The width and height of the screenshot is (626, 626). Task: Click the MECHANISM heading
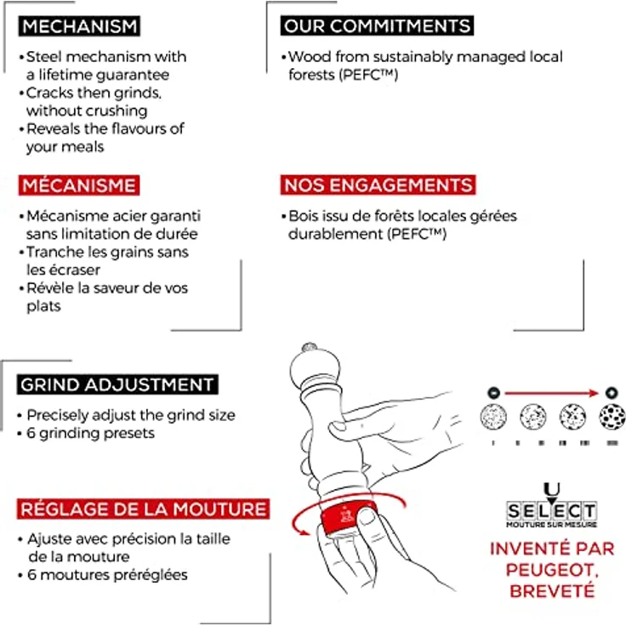coord(79,26)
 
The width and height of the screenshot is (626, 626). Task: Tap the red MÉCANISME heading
coord(79,185)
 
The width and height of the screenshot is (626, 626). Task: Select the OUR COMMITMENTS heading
coord(377,26)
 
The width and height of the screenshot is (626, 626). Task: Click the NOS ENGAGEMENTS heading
coord(378,185)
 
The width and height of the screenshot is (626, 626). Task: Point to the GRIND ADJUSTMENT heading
coord(117,384)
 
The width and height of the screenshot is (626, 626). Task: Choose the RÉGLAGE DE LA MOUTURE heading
coord(144,509)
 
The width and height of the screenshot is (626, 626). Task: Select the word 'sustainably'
coord(413,58)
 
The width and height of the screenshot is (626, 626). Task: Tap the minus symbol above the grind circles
coord(494,393)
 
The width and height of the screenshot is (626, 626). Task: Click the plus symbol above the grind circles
coord(612,393)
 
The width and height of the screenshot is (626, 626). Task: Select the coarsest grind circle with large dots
coord(612,417)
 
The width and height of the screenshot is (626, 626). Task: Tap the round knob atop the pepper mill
coord(309,348)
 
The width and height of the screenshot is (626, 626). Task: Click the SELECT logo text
coord(552,510)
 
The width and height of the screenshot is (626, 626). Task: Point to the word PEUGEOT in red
coord(551,570)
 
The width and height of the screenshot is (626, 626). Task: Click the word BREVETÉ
coord(552,591)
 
